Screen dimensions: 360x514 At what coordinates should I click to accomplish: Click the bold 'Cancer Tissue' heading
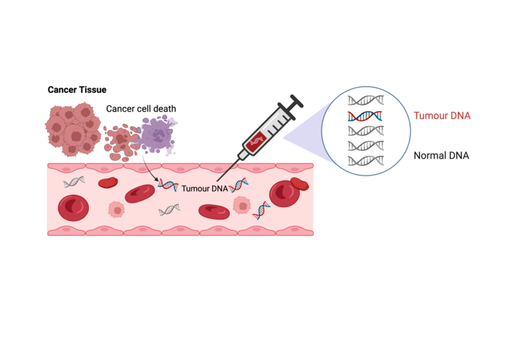[77, 90]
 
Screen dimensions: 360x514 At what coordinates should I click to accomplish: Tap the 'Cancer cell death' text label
[141, 109]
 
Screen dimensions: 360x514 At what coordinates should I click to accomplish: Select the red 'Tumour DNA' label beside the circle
[441, 116]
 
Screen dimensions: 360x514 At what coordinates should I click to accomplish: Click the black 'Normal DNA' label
[441, 156]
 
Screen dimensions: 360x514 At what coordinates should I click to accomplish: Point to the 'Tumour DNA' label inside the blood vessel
[205, 188]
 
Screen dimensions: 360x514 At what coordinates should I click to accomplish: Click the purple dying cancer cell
[156, 137]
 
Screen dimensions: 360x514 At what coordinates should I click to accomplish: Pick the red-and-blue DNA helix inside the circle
[366, 116]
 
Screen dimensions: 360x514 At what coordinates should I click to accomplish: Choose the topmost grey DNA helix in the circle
[366, 101]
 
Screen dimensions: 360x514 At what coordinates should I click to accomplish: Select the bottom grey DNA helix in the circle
[366, 160]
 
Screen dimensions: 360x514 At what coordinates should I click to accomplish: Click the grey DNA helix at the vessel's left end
[73, 181]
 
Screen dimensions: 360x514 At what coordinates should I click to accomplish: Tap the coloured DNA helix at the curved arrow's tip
[168, 186]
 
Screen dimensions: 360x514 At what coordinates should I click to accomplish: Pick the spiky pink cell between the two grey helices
[116, 210]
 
